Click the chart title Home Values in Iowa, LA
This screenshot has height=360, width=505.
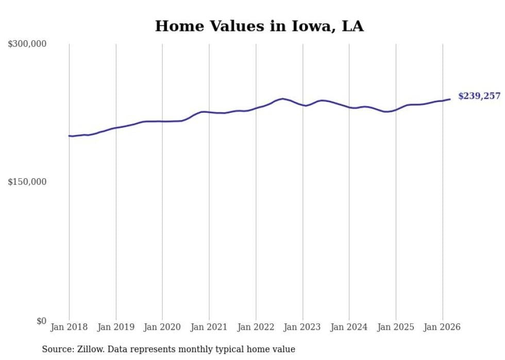click(x=259, y=26)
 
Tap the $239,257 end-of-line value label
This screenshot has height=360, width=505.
click(x=479, y=96)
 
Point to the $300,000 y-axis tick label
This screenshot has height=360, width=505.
click(x=27, y=44)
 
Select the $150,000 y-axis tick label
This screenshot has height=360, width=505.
click(x=27, y=182)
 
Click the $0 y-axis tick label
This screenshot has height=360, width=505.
click(x=41, y=321)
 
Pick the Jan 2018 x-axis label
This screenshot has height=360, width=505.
click(x=69, y=327)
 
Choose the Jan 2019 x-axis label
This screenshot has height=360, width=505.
click(x=116, y=327)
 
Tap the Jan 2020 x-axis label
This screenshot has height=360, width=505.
click(x=162, y=327)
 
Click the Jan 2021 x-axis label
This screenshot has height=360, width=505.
click(x=209, y=327)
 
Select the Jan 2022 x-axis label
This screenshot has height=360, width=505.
click(x=256, y=327)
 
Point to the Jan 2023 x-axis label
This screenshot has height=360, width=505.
click(x=302, y=327)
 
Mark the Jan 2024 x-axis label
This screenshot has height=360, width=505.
click(x=349, y=327)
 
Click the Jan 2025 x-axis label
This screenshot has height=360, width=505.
click(x=396, y=327)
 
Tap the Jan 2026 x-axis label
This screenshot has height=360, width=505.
click(x=443, y=327)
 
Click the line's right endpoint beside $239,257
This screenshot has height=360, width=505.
click(x=450, y=99)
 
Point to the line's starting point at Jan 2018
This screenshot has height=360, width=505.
click(x=69, y=136)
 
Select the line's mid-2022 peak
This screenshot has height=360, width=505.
click(x=282, y=98)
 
